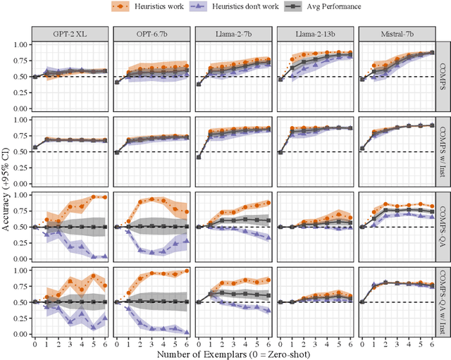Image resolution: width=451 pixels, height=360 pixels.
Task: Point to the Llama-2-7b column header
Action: pyautogui.click(x=230, y=33)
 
